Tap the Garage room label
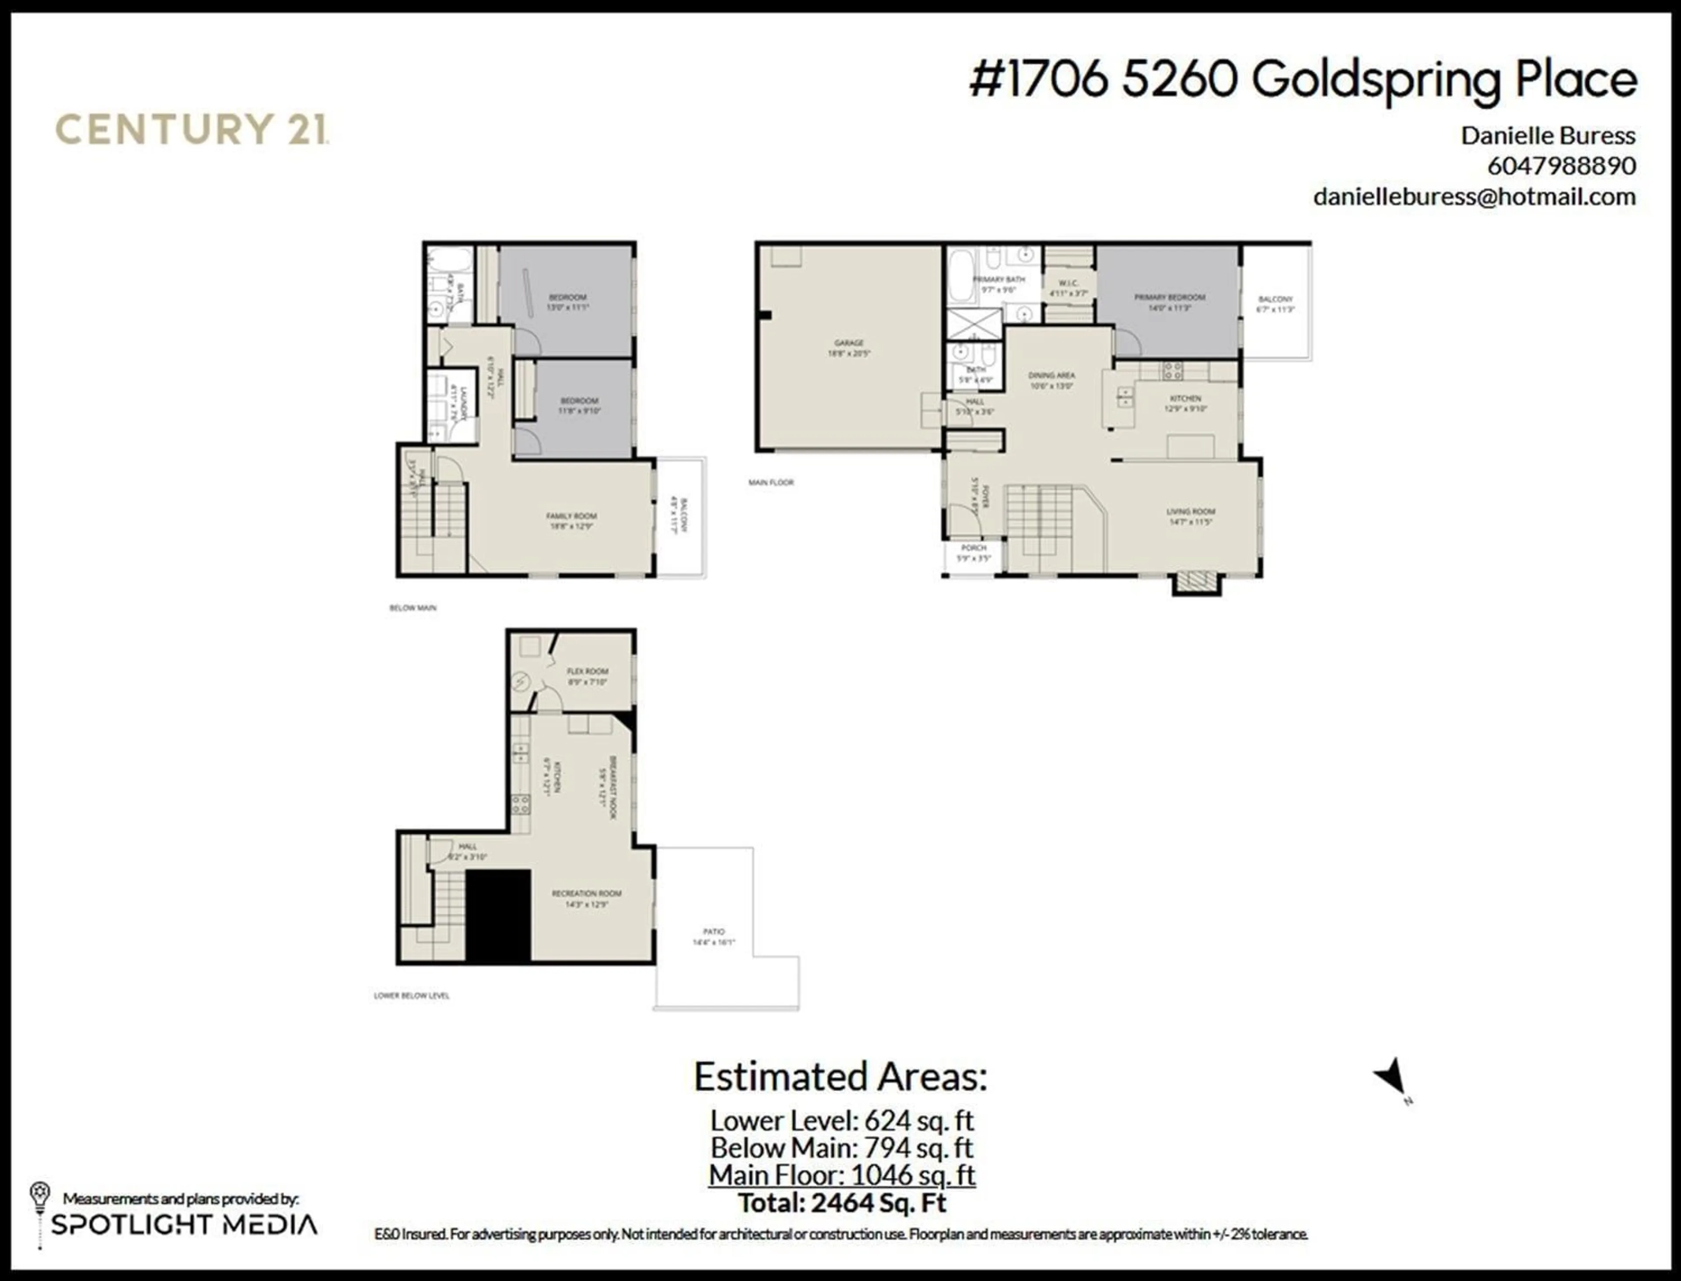click(848, 348)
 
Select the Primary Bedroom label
click(1169, 302)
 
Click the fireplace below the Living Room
click(1196, 583)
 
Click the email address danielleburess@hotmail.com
click(1474, 197)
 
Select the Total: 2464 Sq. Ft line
click(842, 1203)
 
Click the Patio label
click(714, 936)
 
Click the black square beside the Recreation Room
click(498, 915)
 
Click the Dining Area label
click(1052, 380)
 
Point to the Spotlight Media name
click(184, 1225)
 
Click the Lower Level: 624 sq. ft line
click(842, 1120)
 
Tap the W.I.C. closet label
click(1068, 288)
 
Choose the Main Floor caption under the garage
click(771, 482)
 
